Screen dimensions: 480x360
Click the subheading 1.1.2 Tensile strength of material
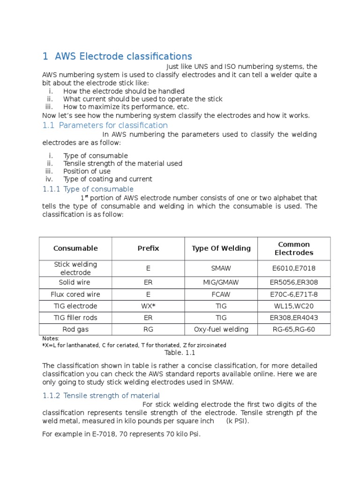click(x=101, y=396)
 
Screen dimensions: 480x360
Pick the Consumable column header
click(x=75, y=248)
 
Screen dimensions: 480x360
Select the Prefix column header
click(x=148, y=248)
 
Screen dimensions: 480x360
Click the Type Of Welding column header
click(x=221, y=248)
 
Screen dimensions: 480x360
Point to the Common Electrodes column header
click(x=294, y=248)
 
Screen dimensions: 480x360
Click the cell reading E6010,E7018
click(x=294, y=269)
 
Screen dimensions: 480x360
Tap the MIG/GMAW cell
click(x=221, y=283)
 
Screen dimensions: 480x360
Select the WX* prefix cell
click(x=148, y=306)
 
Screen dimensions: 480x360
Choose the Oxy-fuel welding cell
click(x=221, y=330)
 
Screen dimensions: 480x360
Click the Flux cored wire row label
click(x=75, y=294)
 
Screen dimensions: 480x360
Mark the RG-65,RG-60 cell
click(x=294, y=330)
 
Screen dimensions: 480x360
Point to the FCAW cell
click(x=221, y=294)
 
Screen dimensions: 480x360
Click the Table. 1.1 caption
click(x=180, y=353)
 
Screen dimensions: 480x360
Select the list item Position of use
click(x=87, y=171)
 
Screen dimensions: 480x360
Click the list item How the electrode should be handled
click(x=124, y=91)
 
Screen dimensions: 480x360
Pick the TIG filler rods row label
click(x=75, y=318)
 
